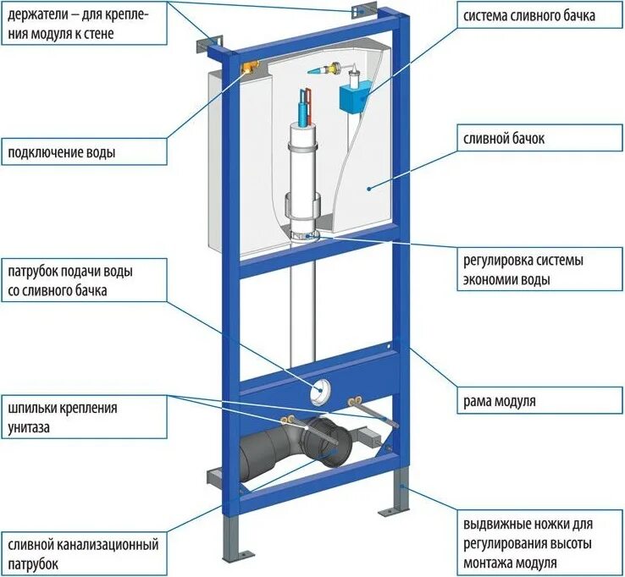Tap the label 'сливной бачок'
tap(502, 139)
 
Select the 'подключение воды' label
tap(62, 153)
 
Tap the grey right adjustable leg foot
tap(396, 508)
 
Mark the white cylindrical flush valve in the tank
tap(301, 169)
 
